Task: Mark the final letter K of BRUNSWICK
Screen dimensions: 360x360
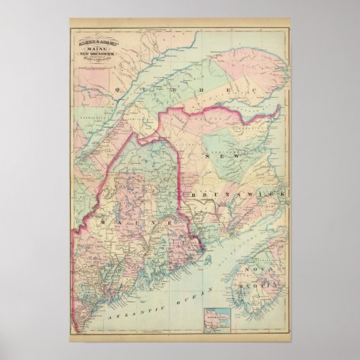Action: [284, 194]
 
